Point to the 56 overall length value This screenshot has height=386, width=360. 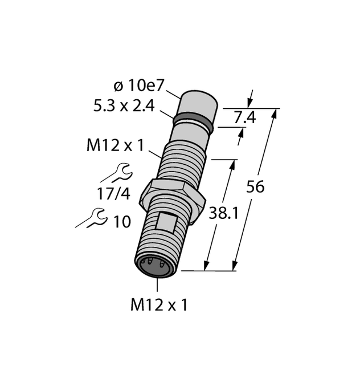(255, 186)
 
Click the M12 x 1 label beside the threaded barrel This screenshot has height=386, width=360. (115, 146)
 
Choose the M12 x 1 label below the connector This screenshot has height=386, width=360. (159, 306)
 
